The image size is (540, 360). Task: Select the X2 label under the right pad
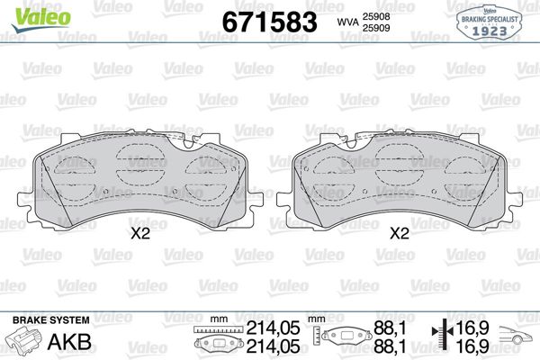click(399, 233)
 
